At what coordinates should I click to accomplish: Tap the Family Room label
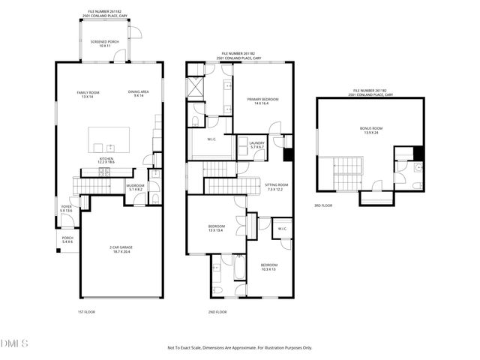click(x=88, y=94)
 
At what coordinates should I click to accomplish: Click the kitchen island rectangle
click(x=109, y=140)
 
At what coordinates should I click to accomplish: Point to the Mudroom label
click(x=135, y=187)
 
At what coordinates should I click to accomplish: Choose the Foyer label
click(x=66, y=209)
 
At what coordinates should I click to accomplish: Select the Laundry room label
click(x=256, y=145)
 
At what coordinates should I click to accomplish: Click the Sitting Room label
click(x=276, y=187)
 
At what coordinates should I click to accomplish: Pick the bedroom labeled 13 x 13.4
click(x=217, y=228)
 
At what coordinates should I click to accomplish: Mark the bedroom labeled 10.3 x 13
click(x=268, y=267)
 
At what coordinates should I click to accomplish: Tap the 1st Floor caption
click(x=86, y=311)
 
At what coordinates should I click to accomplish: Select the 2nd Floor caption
click(x=217, y=311)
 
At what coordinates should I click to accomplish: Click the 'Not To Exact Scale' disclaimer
click(x=239, y=348)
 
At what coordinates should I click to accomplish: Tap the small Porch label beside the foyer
click(x=67, y=240)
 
